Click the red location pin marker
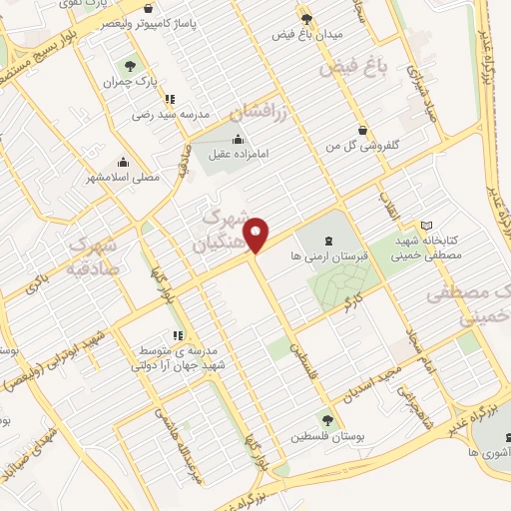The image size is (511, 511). click(x=257, y=235)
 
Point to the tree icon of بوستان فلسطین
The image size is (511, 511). click(x=326, y=419)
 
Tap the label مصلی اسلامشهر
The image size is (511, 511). click(x=125, y=177)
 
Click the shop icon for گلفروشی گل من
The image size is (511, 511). click(x=362, y=129)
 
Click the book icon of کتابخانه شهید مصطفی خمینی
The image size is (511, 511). click(x=426, y=226)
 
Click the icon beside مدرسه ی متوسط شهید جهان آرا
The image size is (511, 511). click(x=177, y=335)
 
